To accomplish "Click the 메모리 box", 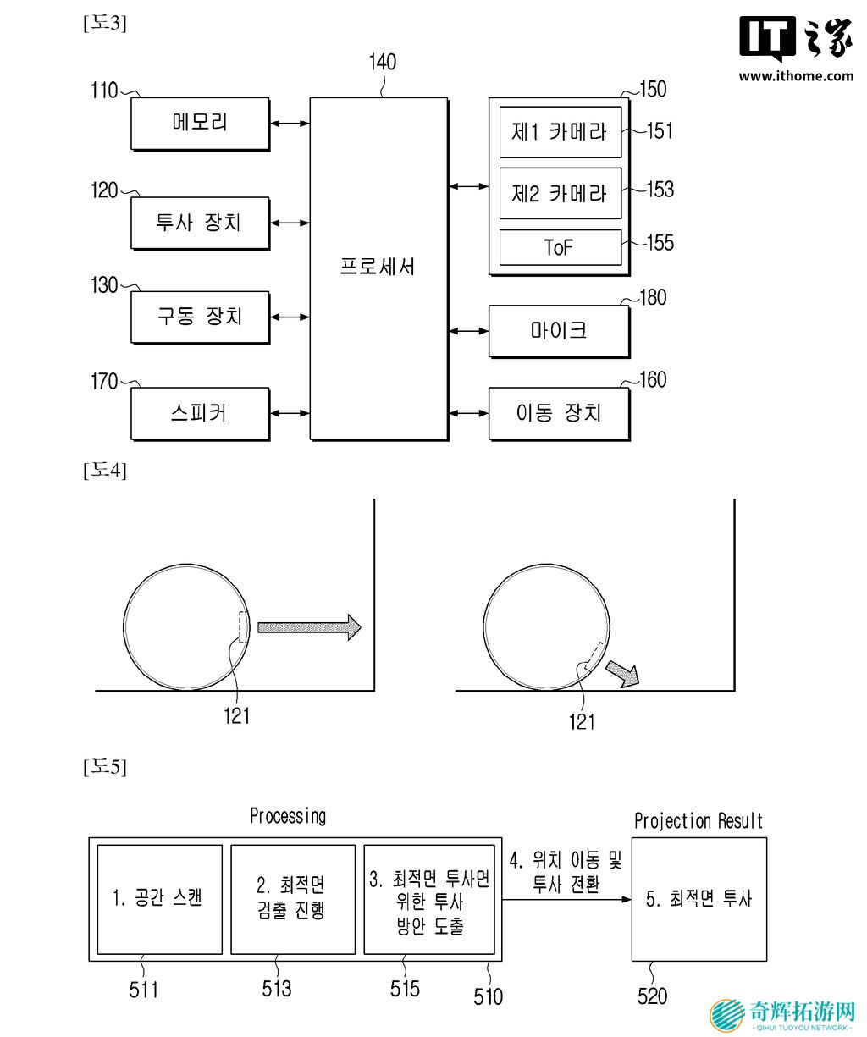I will (200, 124).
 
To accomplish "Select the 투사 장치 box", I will (200, 223).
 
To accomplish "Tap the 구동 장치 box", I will (200, 317).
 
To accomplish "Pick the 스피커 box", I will (200, 414).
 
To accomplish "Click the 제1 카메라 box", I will (560, 132).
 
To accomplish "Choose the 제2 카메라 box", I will (560, 193).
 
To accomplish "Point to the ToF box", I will (560, 247).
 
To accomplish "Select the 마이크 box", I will (559, 331).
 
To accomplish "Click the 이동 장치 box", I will (559, 414).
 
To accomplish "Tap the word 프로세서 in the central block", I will (378, 267).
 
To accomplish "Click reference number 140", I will (382, 63).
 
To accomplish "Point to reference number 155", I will (660, 244).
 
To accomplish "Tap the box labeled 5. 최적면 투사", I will (699, 899).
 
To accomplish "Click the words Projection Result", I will (699, 821).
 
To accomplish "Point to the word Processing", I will (288, 816).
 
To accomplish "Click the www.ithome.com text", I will (796, 76).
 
